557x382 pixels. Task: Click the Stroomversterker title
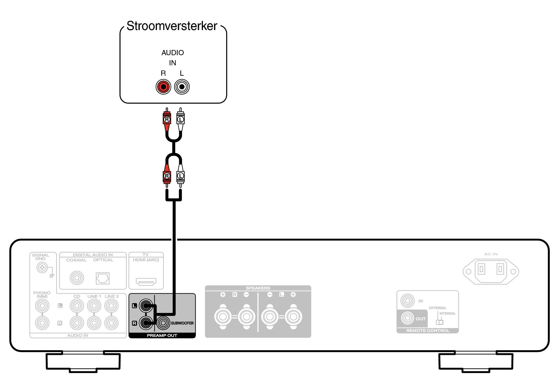(172, 26)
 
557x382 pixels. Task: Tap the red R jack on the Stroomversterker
(163, 87)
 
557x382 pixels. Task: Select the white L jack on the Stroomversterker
(182, 87)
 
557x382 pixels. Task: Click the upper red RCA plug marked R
(167, 120)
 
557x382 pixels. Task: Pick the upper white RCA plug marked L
(181, 120)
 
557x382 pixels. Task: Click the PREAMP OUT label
(162, 335)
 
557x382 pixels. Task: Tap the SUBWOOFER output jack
(163, 323)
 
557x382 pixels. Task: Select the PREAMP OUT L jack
(146, 306)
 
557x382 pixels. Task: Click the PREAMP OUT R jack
(146, 323)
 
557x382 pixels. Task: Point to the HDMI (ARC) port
(146, 281)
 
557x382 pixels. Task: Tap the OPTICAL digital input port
(103, 278)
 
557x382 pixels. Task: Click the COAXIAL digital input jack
(77, 278)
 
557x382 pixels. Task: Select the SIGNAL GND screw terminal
(42, 268)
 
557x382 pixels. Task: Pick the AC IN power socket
(491, 271)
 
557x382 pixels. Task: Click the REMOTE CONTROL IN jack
(407, 301)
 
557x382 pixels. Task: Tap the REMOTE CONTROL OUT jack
(407, 318)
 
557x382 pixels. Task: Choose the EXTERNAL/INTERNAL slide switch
(439, 322)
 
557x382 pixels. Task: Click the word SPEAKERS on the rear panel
(258, 288)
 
